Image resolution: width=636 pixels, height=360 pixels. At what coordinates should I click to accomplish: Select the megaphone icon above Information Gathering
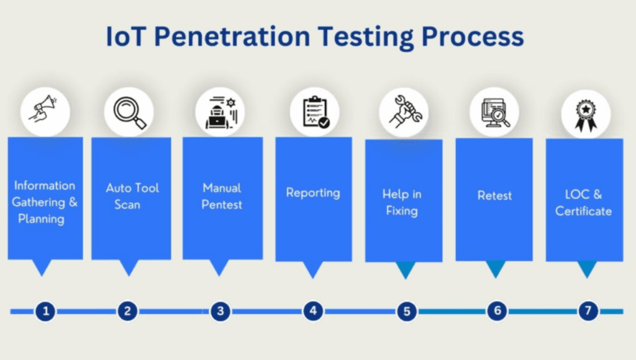point(45,112)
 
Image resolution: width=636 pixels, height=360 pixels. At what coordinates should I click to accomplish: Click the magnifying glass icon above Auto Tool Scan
point(129,112)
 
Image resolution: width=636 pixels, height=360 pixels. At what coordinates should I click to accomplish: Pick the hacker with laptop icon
point(220,112)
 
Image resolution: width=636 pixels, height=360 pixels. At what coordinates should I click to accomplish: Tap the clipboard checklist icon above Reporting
point(314,112)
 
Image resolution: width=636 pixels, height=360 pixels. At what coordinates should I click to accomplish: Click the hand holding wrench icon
point(404,112)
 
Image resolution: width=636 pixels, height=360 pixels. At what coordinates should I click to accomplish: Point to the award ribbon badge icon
point(585,114)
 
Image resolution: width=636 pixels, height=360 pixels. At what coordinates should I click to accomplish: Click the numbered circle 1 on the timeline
point(45,310)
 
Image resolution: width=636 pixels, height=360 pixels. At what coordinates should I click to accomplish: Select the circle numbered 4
point(313,310)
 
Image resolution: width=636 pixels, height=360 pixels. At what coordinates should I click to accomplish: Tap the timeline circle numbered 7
point(588,310)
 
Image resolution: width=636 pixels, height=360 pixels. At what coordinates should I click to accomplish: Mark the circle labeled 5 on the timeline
point(406,310)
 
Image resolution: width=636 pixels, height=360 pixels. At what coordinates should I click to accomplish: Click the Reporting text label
point(313,193)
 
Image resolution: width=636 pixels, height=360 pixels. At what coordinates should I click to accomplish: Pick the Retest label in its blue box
point(494,196)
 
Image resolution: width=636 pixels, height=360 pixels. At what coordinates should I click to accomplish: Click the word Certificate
point(583,212)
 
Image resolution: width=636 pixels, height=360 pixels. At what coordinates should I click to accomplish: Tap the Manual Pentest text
point(222,196)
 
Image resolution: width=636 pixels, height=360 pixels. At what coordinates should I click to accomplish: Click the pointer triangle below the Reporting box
point(313,269)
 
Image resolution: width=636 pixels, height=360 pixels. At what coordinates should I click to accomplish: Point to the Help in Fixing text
point(402,202)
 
